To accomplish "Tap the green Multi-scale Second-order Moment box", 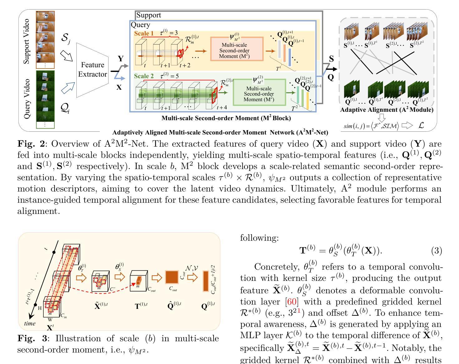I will [259, 92].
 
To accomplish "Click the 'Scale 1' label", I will [144, 34].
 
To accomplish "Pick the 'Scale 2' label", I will [144, 76].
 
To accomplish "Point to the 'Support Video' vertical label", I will [27, 41].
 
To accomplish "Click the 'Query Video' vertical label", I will [27, 98].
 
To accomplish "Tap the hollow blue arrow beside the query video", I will [68, 88].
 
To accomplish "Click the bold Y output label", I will [120, 59].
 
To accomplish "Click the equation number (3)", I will [436, 251].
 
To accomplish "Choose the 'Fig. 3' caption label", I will [32, 338].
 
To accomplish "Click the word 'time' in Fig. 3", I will [30, 323].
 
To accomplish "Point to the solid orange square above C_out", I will [172, 277].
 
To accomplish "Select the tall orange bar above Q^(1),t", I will [205, 281].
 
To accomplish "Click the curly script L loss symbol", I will [421, 125].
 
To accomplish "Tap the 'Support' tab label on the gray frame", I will [149, 15].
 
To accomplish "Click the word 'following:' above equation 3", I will [259, 238].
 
